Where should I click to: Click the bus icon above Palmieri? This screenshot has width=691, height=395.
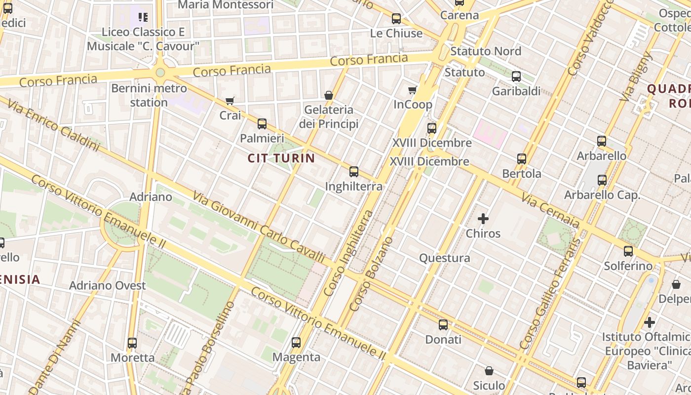point(262,123)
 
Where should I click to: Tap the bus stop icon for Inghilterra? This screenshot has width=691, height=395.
point(354,172)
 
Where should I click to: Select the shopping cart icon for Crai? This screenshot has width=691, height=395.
point(230,101)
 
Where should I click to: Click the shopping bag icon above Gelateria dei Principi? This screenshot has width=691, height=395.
point(329,95)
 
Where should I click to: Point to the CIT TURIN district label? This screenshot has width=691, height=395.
point(281,158)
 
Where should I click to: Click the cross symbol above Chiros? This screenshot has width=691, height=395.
point(483,218)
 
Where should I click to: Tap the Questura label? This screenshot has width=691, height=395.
point(444,258)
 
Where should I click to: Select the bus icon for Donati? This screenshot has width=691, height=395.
point(443,324)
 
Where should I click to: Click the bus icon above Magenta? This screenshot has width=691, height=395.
point(296,342)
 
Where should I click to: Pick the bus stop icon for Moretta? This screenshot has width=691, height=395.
point(132,343)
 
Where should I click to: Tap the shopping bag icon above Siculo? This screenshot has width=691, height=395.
point(489,371)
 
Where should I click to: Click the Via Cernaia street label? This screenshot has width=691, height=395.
point(551,210)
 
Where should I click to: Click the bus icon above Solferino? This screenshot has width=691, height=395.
point(628,251)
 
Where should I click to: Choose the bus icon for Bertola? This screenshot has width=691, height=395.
point(522,159)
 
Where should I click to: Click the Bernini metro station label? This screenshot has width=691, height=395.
point(149,95)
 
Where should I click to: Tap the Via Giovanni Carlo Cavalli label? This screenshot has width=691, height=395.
point(259,227)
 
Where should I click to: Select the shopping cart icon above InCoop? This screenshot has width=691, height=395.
point(413,90)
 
